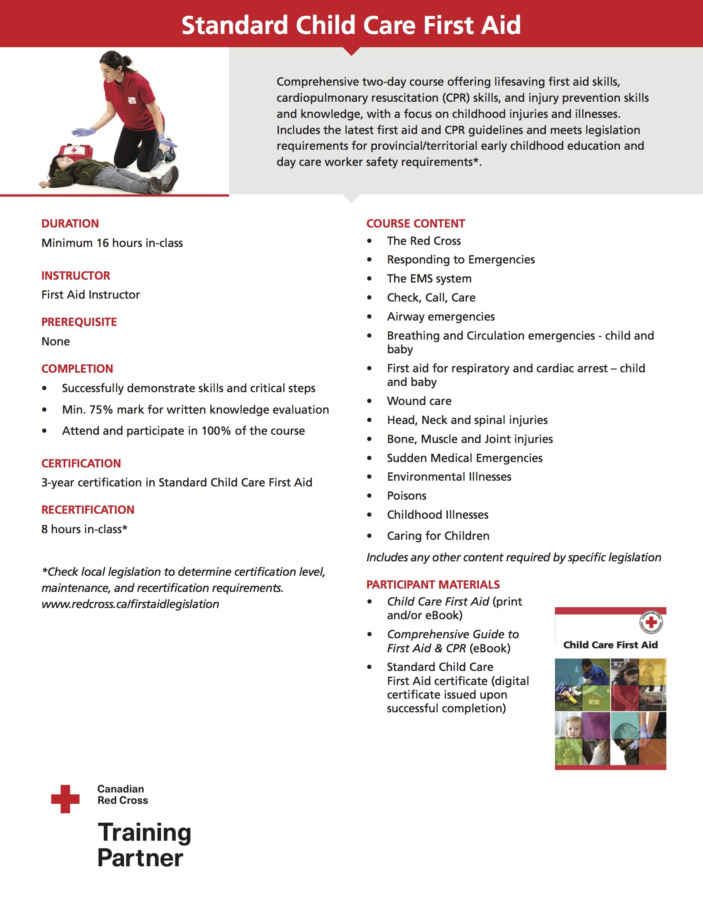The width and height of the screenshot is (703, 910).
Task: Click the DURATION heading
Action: point(70,224)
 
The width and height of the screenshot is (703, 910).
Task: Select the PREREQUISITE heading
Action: point(79,322)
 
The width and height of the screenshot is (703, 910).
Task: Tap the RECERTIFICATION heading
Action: point(88,510)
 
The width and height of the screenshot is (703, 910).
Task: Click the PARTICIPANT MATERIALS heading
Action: point(433,584)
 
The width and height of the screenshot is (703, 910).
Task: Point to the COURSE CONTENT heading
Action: point(415,224)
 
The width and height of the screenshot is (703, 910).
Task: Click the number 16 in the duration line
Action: point(103,243)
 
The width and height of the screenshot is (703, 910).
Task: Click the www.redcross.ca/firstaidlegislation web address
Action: point(130,604)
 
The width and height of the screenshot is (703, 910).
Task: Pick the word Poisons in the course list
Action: point(406,496)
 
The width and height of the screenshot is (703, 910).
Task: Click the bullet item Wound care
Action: point(419,401)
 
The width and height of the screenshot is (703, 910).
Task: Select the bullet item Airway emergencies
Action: point(441,317)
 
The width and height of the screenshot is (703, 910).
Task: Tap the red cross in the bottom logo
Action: point(65,799)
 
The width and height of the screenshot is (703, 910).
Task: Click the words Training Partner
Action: point(143,845)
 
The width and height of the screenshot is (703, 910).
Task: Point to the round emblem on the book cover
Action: point(651,623)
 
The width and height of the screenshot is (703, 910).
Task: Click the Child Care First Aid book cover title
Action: point(610,645)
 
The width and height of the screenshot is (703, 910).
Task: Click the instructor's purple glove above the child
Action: point(84,132)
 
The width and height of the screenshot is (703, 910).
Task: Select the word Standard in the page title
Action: point(234,25)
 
